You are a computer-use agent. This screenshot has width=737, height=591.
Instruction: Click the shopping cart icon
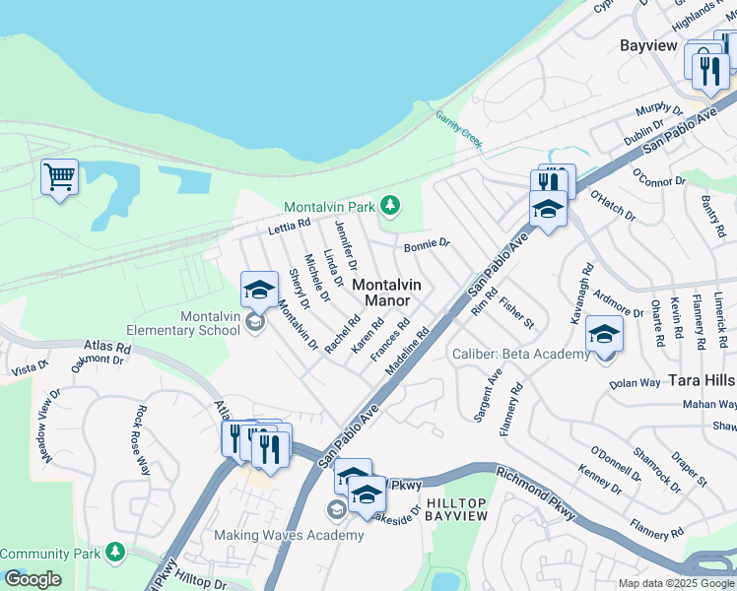click(x=59, y=178)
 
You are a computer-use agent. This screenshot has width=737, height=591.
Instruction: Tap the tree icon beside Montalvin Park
click(x=392, y=205)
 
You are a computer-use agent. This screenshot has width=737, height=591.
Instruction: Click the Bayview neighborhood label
click(x=648, y=45)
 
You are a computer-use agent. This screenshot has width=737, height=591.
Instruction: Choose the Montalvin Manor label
click(x=387, y=293)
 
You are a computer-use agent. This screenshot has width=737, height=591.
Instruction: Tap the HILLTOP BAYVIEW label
click(x=456, y=509)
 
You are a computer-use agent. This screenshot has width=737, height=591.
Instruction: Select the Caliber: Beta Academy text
click(x=520, y=354)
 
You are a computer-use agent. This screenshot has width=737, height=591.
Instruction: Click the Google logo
click(x=33, y=579)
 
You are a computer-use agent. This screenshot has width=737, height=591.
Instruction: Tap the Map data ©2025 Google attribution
click(x=676, y=583)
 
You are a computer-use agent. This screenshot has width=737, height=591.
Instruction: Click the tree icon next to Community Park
click(x=116, y=551)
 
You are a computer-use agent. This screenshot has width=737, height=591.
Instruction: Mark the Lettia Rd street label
click(x=289, y=229)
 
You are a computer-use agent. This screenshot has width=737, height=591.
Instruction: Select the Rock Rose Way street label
click(x=142, y=440)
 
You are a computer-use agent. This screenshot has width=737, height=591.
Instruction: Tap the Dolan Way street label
click(x=634, y=383)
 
